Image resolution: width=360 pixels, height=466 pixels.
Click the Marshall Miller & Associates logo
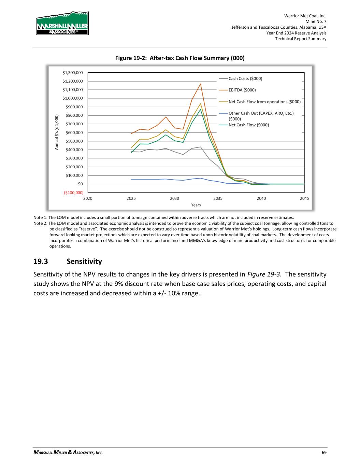[x=62, y=23]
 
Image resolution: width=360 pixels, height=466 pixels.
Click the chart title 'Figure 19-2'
[x=180, y=58]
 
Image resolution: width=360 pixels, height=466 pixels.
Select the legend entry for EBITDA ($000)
[x=242, y=90]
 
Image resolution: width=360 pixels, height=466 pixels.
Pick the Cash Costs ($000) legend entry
[x=245, y=79]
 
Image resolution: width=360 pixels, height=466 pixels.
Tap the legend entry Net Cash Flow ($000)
[x=248, y=125]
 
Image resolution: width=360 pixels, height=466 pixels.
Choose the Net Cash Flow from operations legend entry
[x=264, y=102]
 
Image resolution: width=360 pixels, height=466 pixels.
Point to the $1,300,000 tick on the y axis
[x=72, y=73]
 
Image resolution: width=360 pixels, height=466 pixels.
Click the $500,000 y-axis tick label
[x=74, y=141]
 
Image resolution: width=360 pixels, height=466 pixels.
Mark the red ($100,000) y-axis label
[x=73, y=193]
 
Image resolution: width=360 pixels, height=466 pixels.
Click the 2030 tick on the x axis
[x=174, y=198]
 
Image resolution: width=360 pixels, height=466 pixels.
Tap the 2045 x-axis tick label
[x=304, y=198]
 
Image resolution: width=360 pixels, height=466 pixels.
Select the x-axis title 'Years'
[x=196, y=205]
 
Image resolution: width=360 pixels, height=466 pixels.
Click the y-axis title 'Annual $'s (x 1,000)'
[x=57, y=132]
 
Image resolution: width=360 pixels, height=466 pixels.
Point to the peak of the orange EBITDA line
[x=200, y=84]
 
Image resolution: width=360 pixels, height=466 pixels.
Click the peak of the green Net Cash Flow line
[x=200, y=109]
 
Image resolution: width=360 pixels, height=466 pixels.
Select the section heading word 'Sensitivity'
[x=84, y=262]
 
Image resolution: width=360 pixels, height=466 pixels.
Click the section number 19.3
[x=41, y=262]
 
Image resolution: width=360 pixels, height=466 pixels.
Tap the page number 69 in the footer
[x=324, y=453]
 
